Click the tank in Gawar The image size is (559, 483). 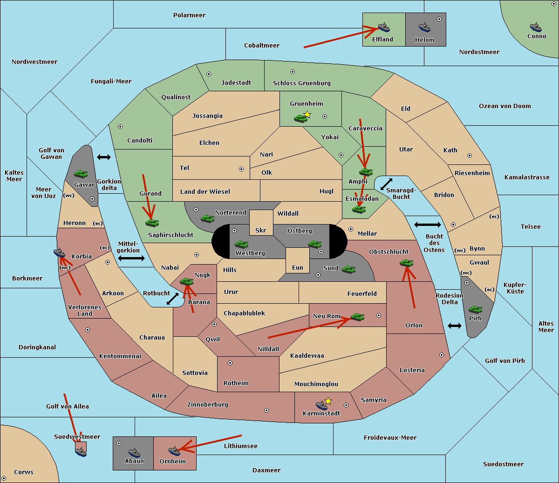pyautogui.click(x=81, y=174)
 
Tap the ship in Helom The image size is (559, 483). pyautogui.click(x=424, y=27)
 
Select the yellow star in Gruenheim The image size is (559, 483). pyautogui.click(x=307, y=115)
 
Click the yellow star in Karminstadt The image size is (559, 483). pyautogui.click(x=328, y=401)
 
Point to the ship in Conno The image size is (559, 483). pyautogui.click(x=536, y=27)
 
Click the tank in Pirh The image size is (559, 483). pyautogui.click(x=475, y=309)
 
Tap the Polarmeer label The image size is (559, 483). pyautogui.click(x=189, y=15)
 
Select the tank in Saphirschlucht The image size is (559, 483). pyautogui.click(x=152, y=223)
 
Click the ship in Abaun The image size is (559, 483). pyautogui.click(x=134, y=452)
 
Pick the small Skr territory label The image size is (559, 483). pyautogui.click(x=261, y=230)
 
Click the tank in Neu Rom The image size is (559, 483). pyautogui.click(x=357, y=317)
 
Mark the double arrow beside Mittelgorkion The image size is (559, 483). pyautogui.click(x=131, y=259)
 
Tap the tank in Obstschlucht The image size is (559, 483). pyautogui.click(x=407, y=263)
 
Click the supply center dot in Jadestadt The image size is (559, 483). pyautogui.click(x=209, y=74)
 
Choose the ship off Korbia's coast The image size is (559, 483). pyautogui.click(x=59, y=253)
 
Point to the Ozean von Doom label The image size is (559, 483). pyautogui.click(x=505, y=106)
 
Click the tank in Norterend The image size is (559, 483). pyautogui.click(x=207, y=218)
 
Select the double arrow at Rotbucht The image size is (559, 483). pyautogui.click(x=172, y=299)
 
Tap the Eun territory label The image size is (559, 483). pyautogui.click(x=298, y=267)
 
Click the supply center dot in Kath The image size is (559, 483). pyautogui.click(x=470, y=156)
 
